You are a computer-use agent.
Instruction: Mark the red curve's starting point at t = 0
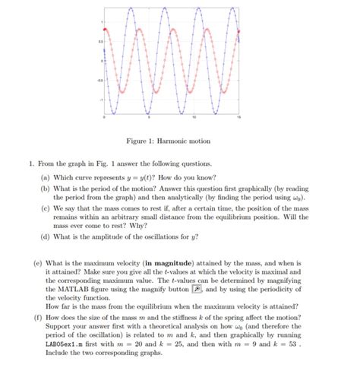coord(105,28)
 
